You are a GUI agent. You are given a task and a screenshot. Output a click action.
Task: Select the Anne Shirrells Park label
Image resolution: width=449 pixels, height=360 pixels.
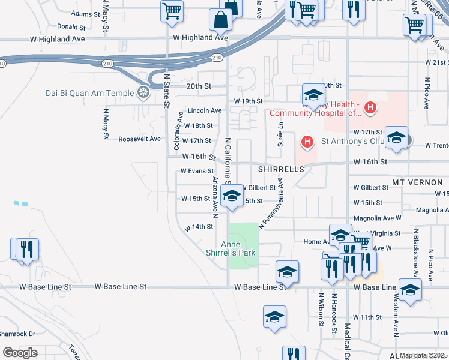[x=238, y=248]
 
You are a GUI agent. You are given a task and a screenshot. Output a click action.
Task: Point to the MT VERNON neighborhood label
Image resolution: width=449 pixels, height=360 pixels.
[x=420, y=182]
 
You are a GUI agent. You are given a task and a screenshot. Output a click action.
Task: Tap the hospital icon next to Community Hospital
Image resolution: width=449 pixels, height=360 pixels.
[x=371, y=108]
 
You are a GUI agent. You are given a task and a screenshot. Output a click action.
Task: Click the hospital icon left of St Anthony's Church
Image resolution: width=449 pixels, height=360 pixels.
[x=307, y=142]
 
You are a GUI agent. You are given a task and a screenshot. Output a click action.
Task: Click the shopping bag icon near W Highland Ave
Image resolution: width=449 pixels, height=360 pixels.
[x=221, y=20]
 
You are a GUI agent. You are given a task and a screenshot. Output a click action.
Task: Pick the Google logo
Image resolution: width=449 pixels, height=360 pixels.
[x=20, y=353]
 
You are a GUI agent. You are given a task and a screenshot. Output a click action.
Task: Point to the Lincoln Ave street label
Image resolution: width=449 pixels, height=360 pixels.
[x=205, y=110]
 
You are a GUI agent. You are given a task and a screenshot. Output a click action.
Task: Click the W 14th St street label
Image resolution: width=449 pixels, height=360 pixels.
[x=199, y=227]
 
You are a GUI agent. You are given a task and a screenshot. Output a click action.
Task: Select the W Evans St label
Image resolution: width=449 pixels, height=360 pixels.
[x=197, y=171]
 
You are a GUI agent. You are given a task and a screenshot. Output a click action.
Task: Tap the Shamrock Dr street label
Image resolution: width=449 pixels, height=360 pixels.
[x=17, y=334]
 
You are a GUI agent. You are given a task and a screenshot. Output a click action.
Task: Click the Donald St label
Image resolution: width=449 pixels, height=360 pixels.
[x=71, y=27]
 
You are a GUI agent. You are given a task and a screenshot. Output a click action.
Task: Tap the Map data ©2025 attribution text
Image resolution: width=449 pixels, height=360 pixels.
[x=423, y=356]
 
